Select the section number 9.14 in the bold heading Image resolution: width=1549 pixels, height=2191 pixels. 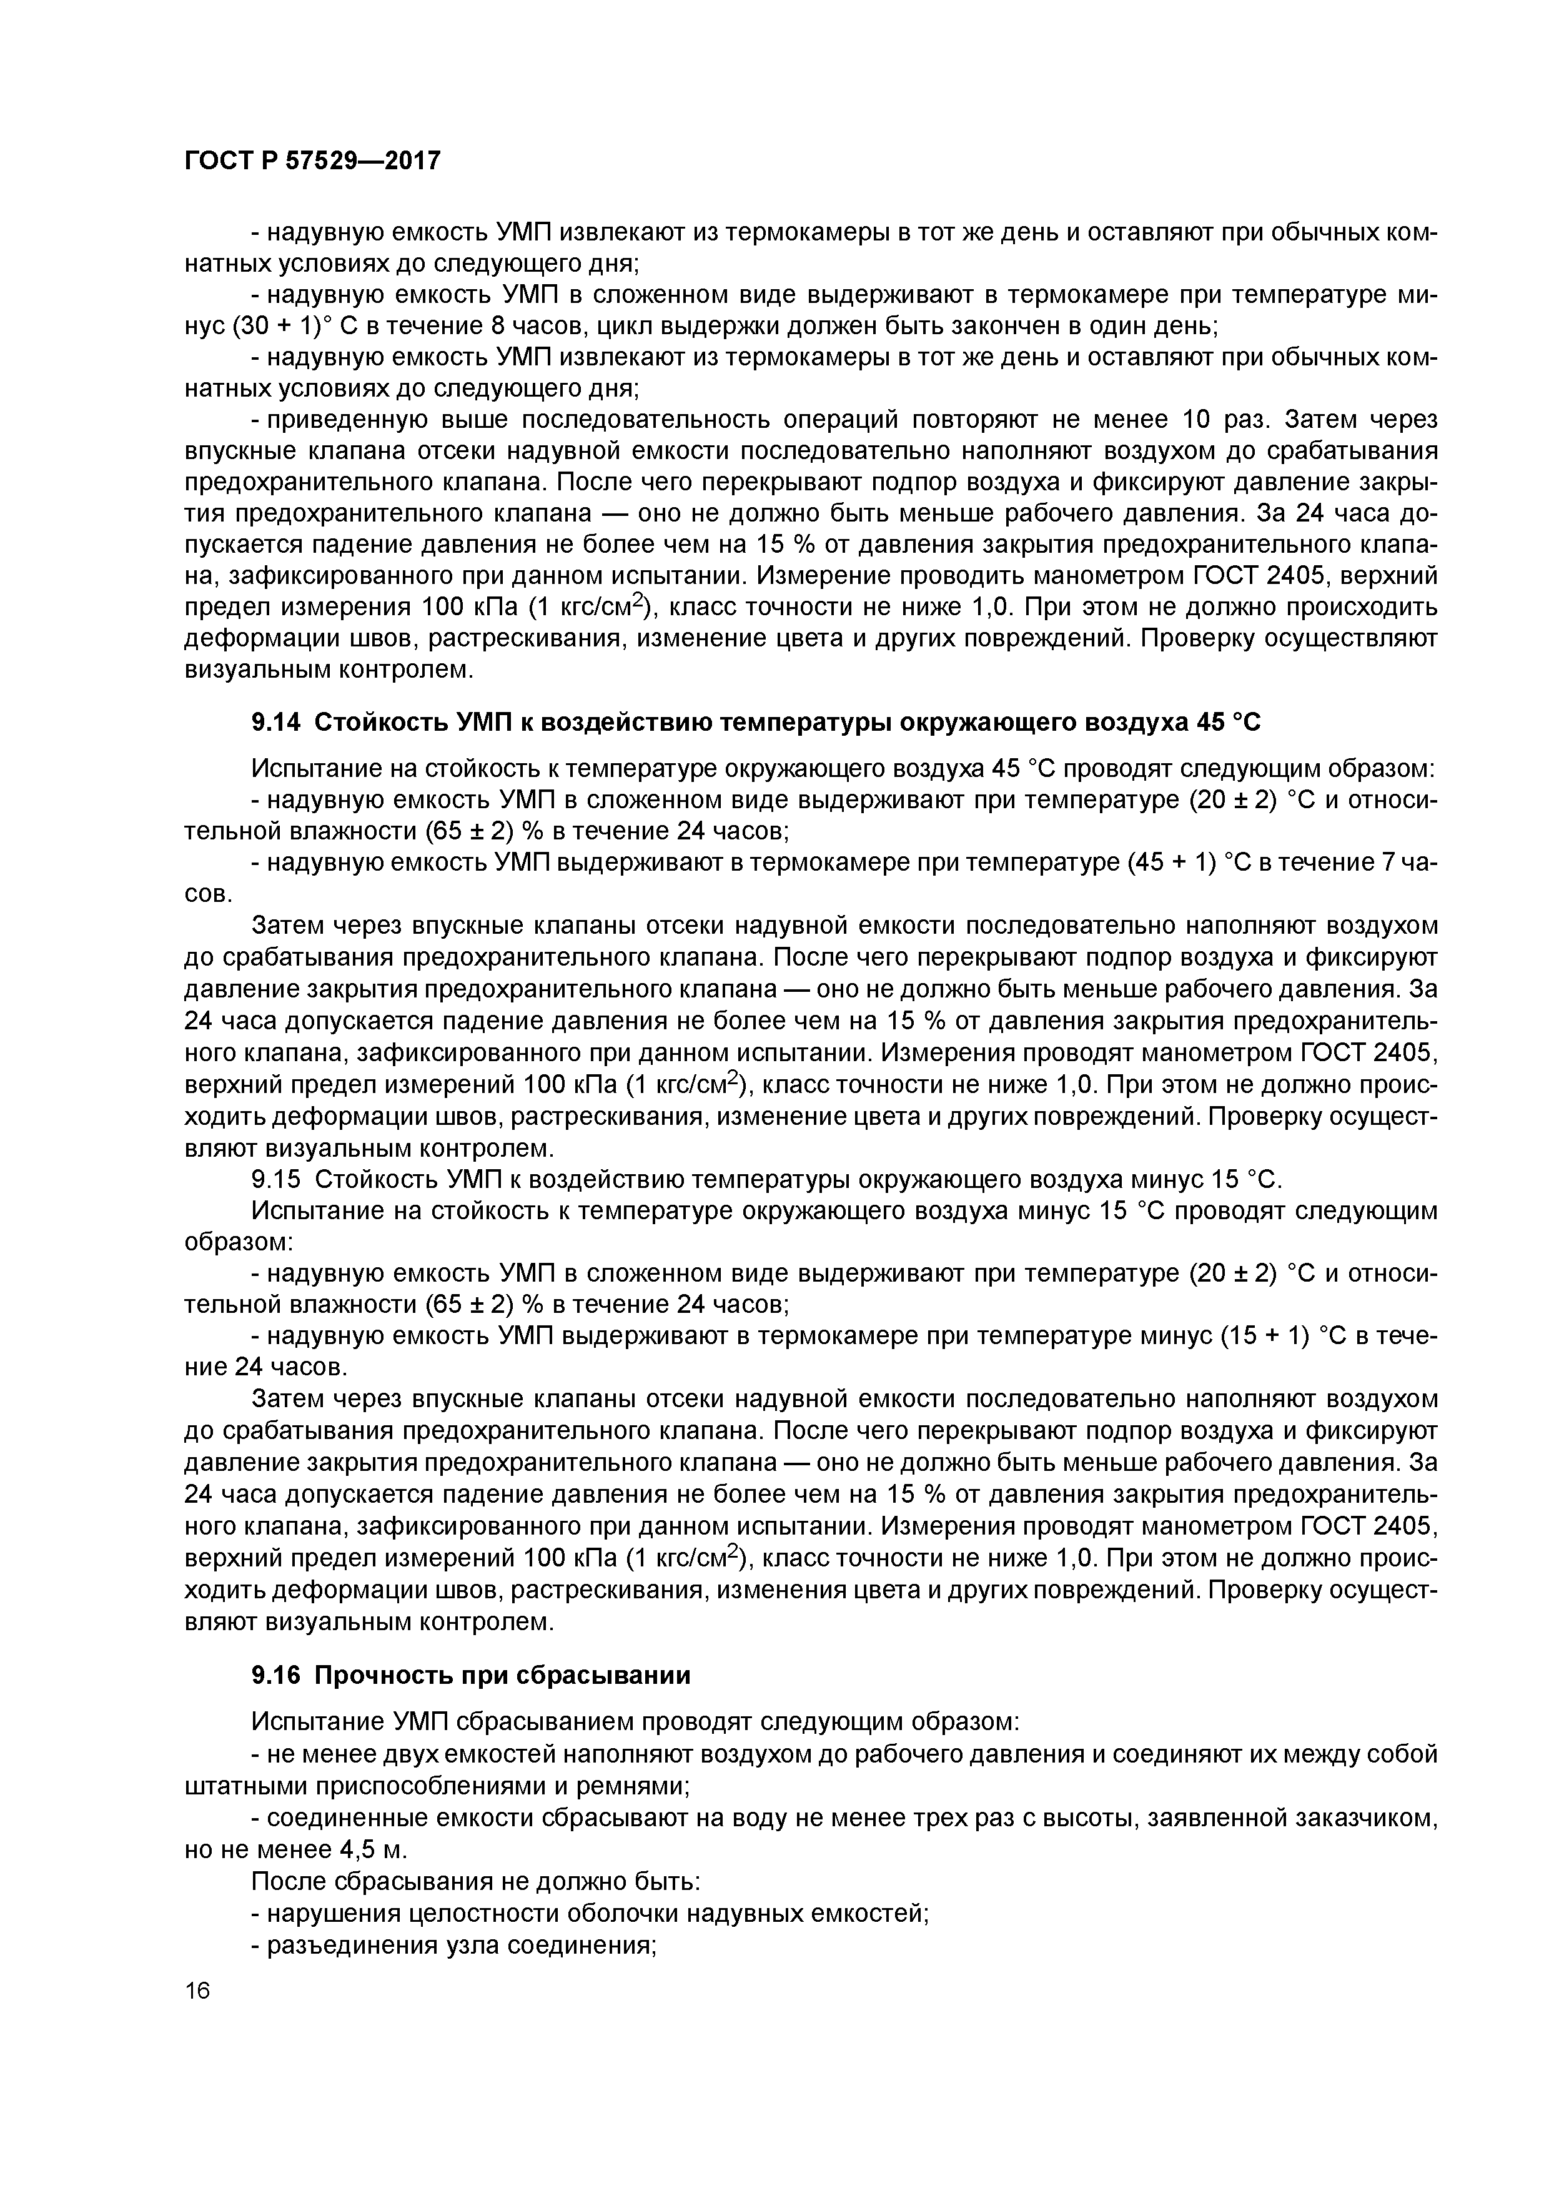(275, 723)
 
